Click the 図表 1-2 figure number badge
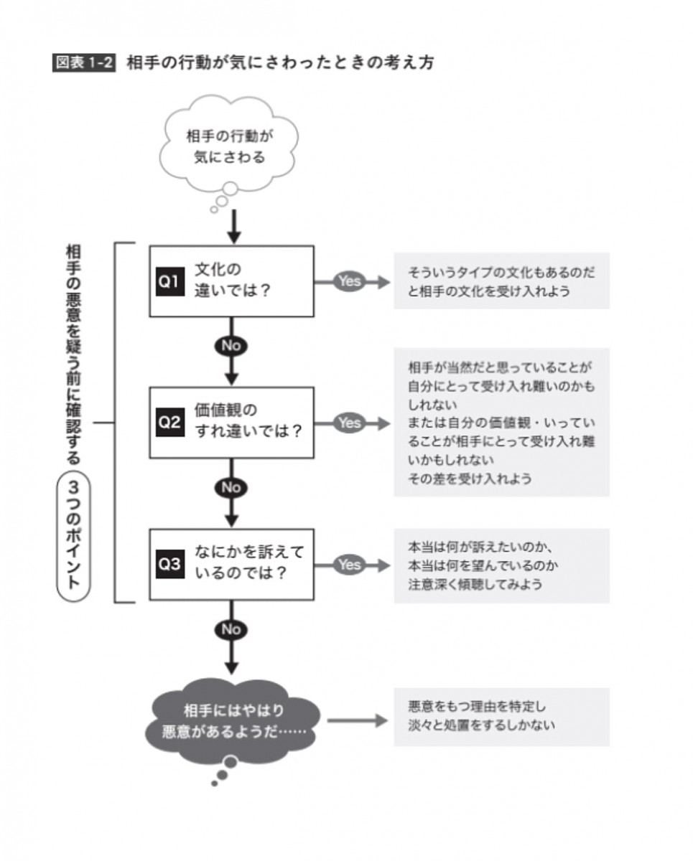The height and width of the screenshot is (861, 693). [84, 62]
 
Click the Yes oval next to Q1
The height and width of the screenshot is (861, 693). [350, 281]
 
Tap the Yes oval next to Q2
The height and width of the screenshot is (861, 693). [350, 423]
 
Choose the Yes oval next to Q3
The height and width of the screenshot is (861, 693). [350, 565]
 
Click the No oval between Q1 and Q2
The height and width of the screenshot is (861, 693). [231, 345]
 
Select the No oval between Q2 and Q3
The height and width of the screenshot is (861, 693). [231, 487]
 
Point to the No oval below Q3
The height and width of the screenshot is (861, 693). [231, 629]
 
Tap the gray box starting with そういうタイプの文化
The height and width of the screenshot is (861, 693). [501, 281]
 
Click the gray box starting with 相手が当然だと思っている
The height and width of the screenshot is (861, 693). [501, 423]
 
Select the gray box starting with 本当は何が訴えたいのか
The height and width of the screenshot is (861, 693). [501, 565]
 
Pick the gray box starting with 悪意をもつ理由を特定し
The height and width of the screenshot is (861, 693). [501, 717]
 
